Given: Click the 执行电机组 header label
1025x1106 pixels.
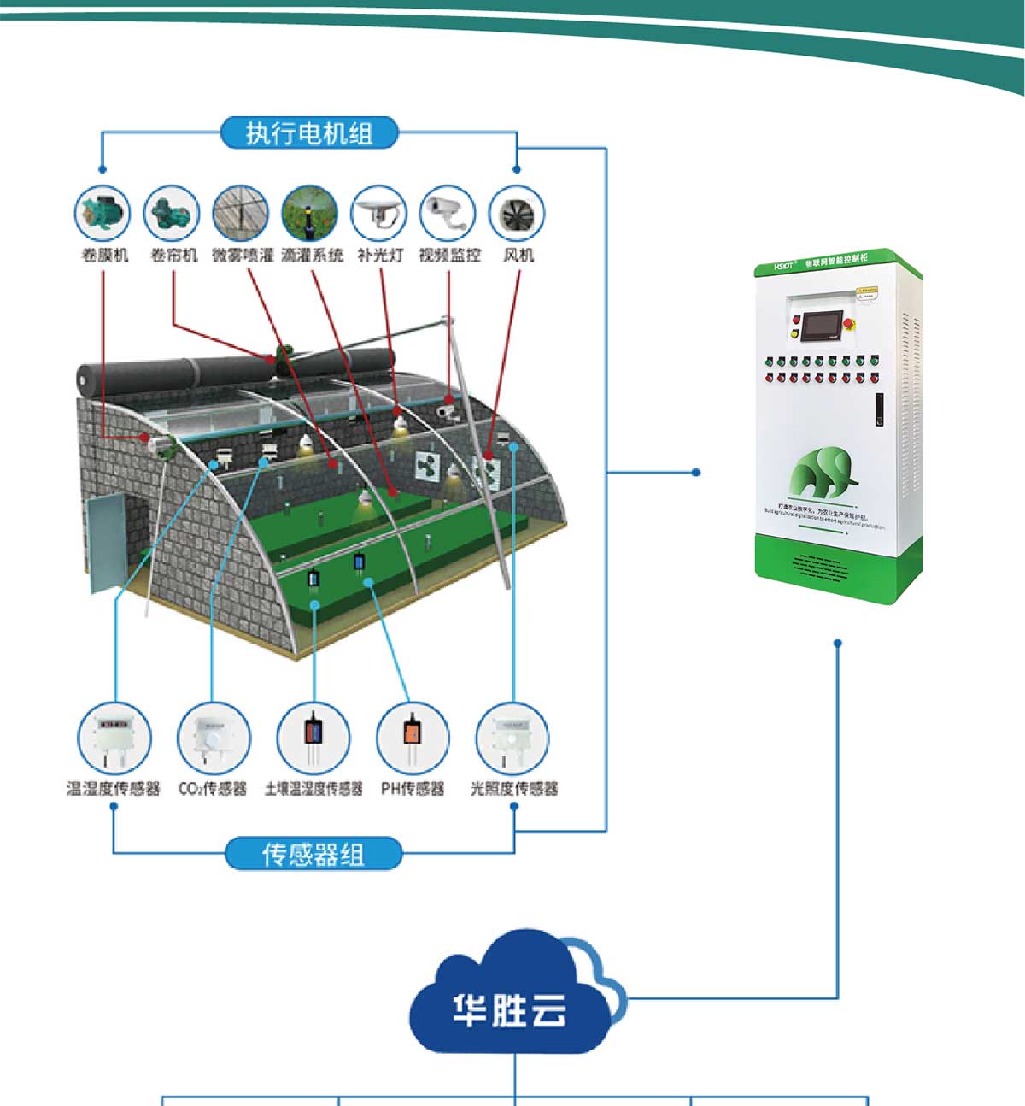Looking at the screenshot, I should [309, 133].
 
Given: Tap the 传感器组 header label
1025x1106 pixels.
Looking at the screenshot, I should [313, 854].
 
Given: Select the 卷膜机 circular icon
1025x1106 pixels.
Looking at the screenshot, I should [103, 214].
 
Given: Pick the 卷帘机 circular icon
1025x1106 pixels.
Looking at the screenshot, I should [172, 214].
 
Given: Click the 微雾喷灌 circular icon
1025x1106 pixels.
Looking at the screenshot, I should [241, 214].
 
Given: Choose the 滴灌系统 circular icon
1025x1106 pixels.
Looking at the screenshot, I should [310, 214].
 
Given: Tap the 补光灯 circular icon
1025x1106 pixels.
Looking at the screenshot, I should [379, 214].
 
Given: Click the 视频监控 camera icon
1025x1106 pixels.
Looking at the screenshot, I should [448, 214].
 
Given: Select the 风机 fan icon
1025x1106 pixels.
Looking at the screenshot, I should [517, 214].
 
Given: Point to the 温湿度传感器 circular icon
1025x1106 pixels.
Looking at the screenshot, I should [114, 738].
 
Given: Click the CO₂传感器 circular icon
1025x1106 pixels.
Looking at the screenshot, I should [213, 738].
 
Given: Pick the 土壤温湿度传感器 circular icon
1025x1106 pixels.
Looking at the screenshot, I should [313, 738].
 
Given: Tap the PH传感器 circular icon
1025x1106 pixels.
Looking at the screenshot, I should [413, 738].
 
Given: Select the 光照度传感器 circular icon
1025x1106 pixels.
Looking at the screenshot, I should [512, 738].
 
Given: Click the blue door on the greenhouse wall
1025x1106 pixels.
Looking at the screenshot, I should [107, 544].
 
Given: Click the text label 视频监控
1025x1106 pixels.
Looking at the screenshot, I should [449, 255].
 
